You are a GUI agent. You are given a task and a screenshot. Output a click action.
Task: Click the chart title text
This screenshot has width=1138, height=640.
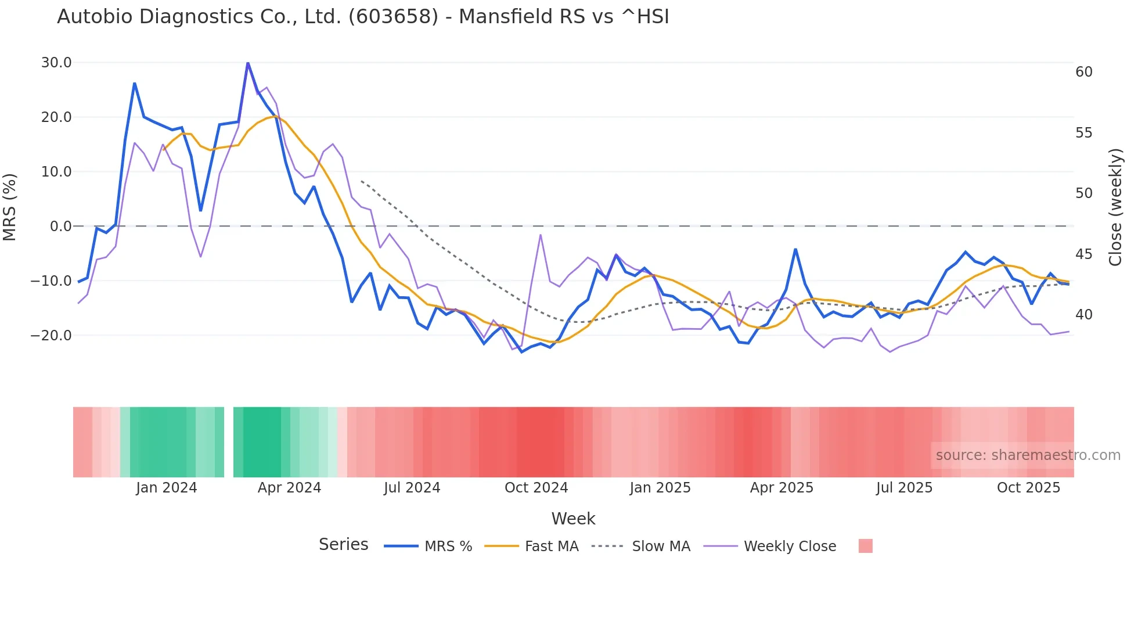[x=363, y=17]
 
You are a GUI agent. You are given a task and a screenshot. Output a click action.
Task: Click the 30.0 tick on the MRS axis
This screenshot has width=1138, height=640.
[x=56, y=63]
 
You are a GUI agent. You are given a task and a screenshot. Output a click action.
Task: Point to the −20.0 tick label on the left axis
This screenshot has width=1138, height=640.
[x=51, y=336]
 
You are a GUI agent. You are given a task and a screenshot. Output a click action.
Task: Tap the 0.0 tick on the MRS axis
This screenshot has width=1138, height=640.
[x=61, y=226]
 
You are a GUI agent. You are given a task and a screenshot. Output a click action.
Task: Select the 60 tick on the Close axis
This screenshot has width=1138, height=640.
[x=1084, y=72]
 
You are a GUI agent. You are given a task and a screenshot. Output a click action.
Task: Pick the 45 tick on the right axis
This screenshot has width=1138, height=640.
[x=1084, y=254]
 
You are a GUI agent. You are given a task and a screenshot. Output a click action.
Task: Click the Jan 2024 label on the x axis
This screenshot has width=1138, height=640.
[x=167, y=488]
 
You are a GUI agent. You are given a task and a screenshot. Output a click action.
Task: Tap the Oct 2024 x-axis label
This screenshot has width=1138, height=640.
[x=536, y=488]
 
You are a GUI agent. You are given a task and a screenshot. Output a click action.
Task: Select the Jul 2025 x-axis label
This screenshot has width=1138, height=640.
[x=904, y=488]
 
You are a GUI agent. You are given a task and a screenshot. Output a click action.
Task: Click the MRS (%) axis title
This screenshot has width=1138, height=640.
[x=10, y=207]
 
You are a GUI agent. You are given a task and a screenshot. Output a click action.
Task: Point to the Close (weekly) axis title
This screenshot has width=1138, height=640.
[x=1115, y=207]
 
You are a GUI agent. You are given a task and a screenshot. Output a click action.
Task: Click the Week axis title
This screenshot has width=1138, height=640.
[x=573, y=519]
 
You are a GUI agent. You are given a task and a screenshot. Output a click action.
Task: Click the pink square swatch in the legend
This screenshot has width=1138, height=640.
[x=865, y=546]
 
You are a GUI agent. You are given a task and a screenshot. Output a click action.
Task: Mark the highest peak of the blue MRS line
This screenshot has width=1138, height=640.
[x=248, y=63]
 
